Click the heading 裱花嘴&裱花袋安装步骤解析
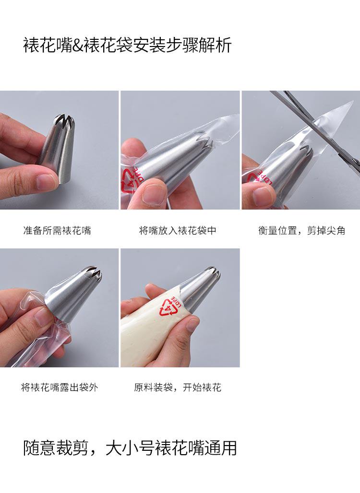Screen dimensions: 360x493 128,45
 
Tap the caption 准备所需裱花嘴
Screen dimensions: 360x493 57,231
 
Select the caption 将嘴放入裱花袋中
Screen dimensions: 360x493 178,231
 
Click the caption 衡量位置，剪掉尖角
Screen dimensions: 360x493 302,231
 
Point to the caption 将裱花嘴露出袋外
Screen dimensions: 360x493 60,387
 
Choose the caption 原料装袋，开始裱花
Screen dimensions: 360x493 178,387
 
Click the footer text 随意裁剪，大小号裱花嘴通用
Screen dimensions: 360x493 130,448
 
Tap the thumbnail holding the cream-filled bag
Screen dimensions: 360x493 192,323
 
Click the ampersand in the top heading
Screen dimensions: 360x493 77,46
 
